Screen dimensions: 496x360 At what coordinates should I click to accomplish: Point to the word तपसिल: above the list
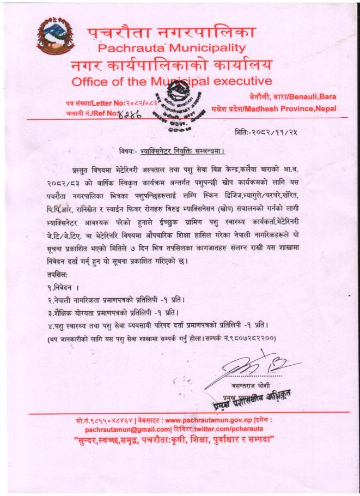click(x=51, y=273)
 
